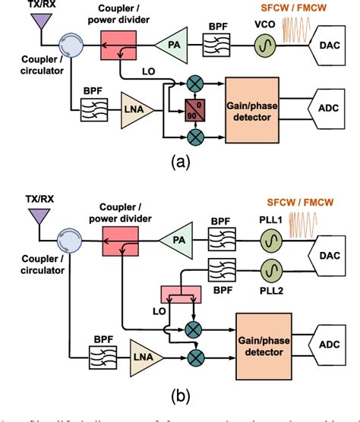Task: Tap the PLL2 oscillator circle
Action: [x=270, y=271]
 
